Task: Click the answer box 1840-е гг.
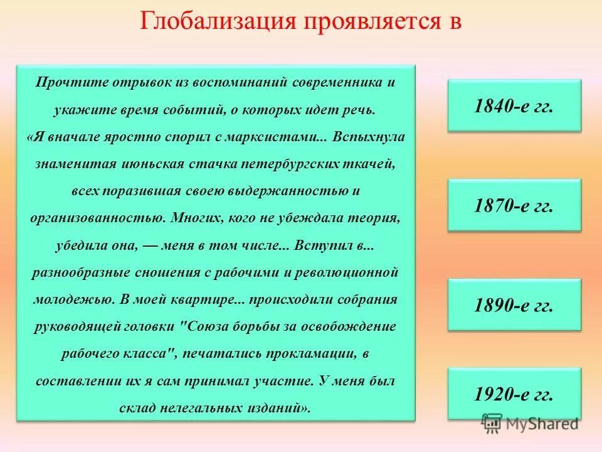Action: click(x=514, y=105)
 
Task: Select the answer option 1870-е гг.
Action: click(x=514, y=205)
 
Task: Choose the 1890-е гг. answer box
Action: click(x=514, y=306)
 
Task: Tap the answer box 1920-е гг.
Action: click(x=514, y=394)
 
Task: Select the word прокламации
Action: click(x=297, y=353)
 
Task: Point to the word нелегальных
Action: click(x=200, y=407)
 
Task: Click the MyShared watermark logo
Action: click(x=530, y=424)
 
